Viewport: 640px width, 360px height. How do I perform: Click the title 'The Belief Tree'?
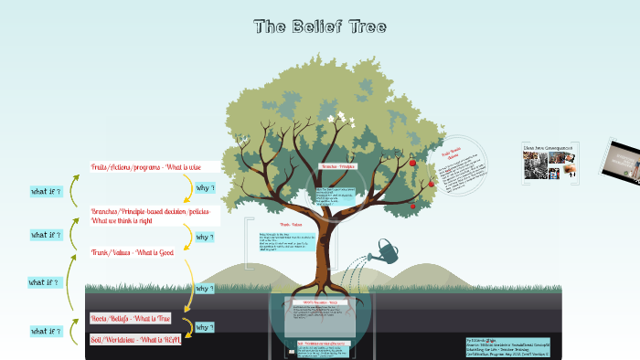(x=320, y=26)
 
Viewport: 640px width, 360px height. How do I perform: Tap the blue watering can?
(x=385, y=249)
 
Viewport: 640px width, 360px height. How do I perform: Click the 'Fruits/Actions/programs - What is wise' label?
(x=152, y=167)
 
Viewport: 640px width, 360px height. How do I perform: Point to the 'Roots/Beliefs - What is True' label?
(x=131, y=318)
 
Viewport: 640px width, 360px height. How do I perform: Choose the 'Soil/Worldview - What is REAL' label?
(x=134, y=339)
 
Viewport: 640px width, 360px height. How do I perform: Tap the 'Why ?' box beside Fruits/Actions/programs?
(x=206, y=188)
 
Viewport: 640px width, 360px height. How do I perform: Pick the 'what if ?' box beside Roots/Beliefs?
(x=45, y=331)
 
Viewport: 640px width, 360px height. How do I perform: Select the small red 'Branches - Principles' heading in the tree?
(x=336, y=167)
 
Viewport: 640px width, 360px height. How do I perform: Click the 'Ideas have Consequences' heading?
(x=548, y=146)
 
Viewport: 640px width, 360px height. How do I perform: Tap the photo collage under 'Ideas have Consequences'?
(x=548, y=165)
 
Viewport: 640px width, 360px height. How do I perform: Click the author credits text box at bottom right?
(x=507, y=345)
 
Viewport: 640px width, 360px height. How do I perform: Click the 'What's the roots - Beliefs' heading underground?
(x=315, y=302)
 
